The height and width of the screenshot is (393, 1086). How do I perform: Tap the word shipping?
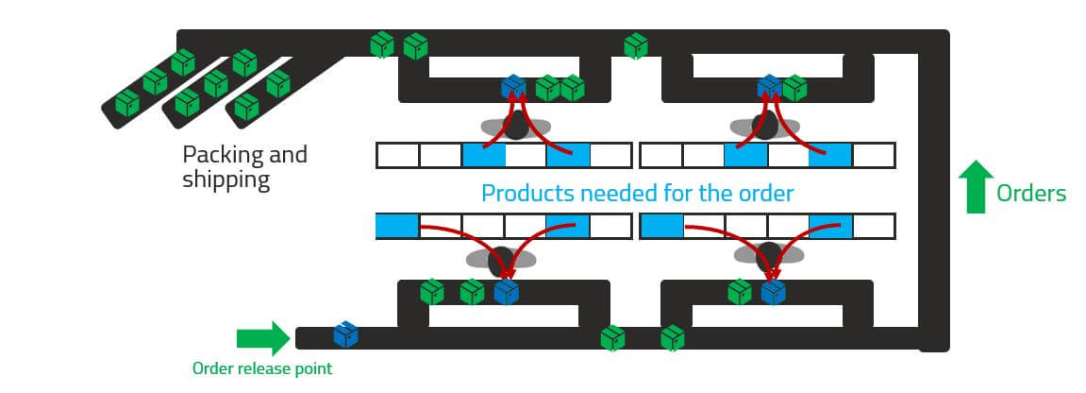(226, 179)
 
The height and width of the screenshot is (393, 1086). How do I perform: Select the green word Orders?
(1031, 194)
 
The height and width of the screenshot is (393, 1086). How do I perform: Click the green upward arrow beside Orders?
(976, 185)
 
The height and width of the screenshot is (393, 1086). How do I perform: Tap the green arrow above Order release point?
(262, 338)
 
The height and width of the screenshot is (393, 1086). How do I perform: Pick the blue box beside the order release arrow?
(345, 334)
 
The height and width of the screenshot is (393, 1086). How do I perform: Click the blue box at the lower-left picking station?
(507, 292)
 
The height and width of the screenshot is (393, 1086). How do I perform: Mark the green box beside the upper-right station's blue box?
(795, 88)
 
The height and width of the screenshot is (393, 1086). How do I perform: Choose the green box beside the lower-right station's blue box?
(740, 291)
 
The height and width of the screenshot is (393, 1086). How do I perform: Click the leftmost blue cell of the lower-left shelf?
(397, 227)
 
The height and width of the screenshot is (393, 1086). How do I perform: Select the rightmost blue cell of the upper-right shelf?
(830, 156)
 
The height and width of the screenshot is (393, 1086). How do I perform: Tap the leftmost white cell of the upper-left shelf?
(397, 156)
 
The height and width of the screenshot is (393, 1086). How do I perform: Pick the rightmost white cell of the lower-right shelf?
(873, 227)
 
